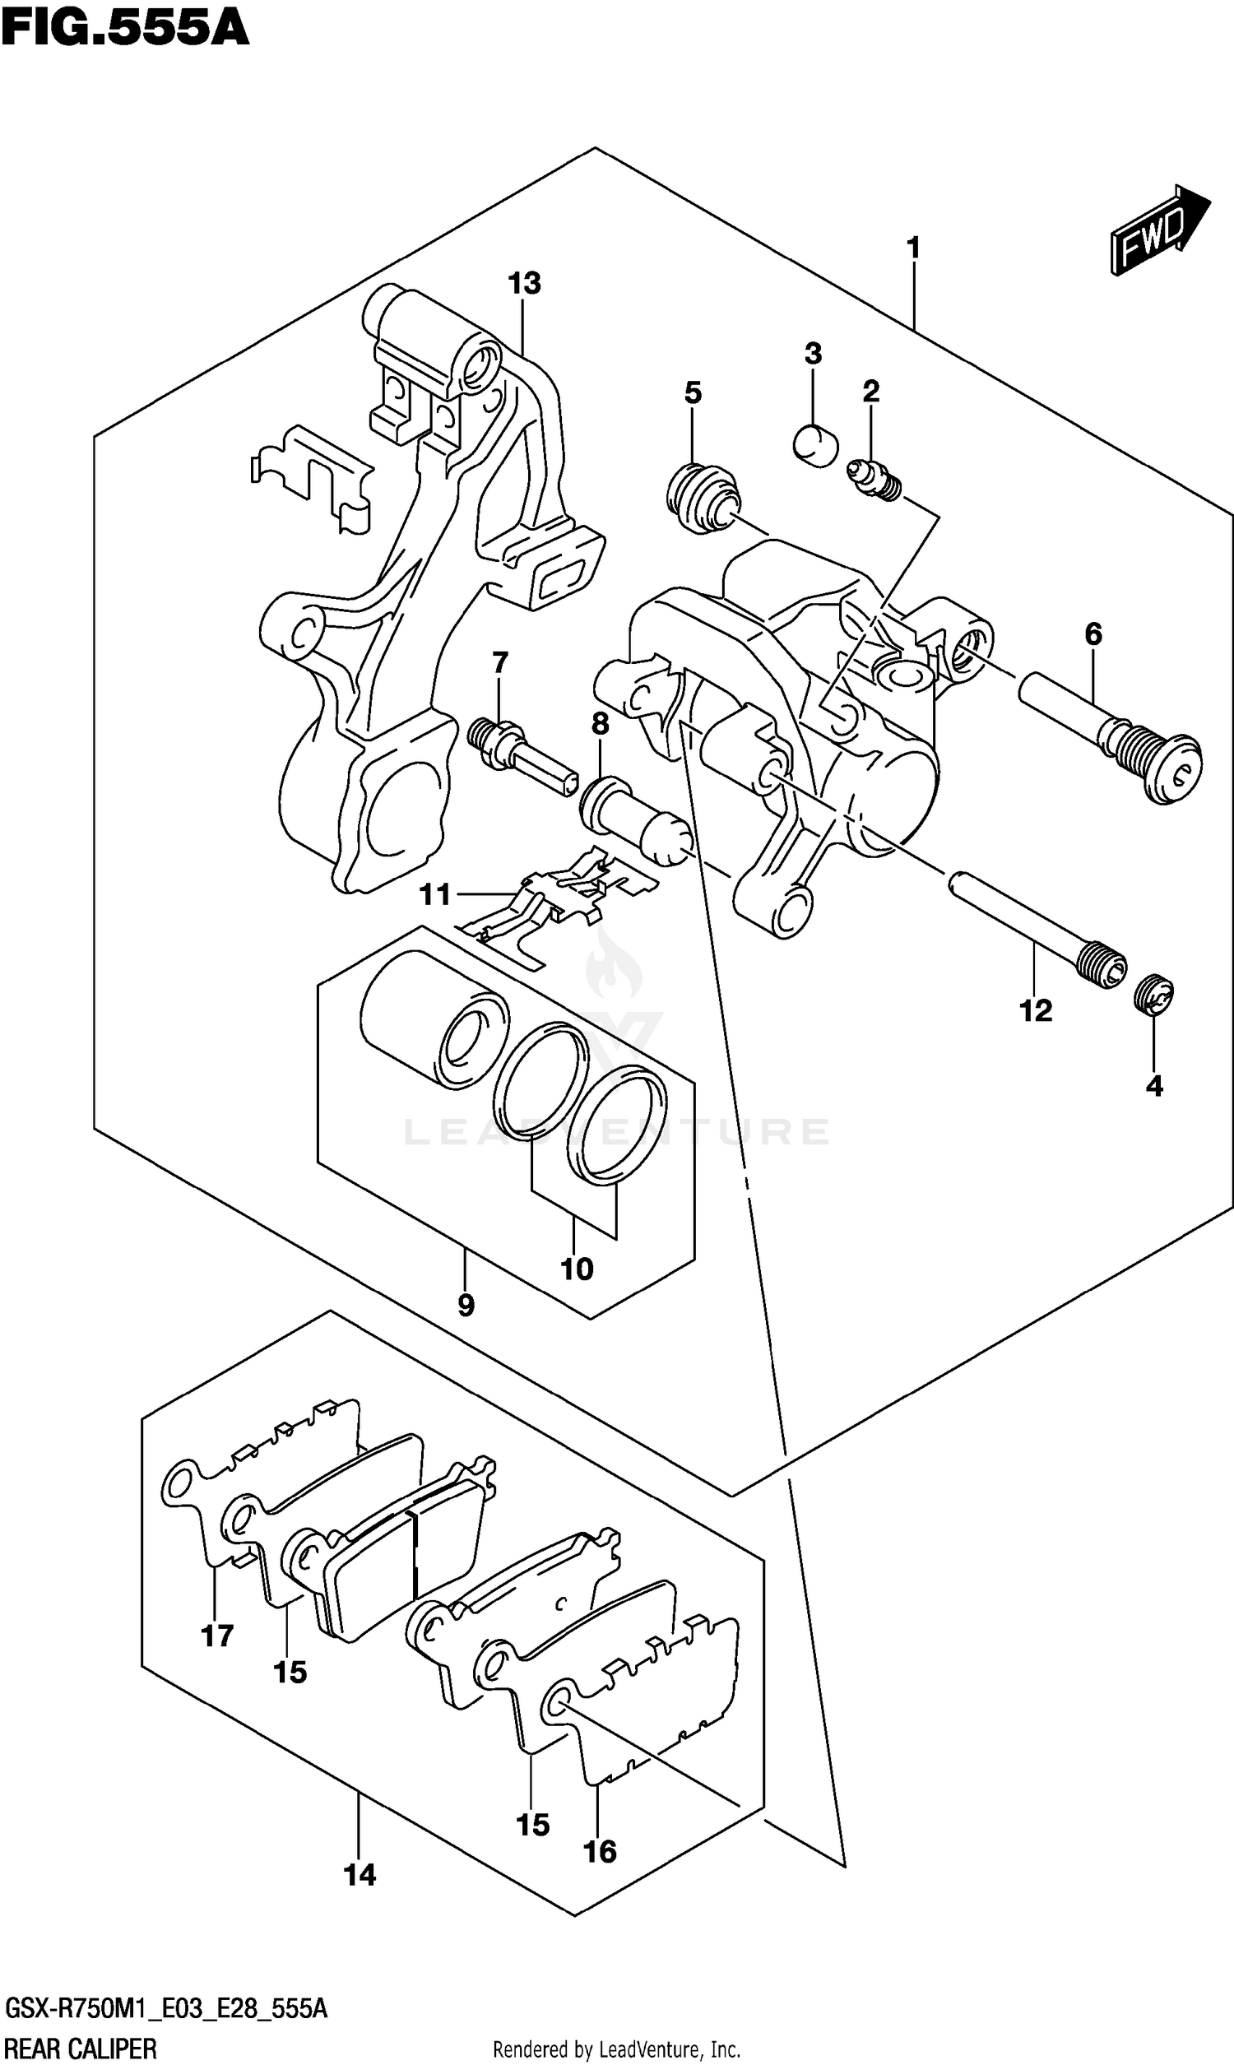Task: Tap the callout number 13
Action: pos(524,285)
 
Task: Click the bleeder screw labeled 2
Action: pos(873,481)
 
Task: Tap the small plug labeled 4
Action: pos(1153,995)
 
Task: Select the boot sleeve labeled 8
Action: pos(635,817)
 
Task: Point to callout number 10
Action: pos(576,1269)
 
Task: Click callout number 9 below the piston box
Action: pos(466,1305)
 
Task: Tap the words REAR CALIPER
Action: pos(81,2048)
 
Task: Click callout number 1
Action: pos(913,248)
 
